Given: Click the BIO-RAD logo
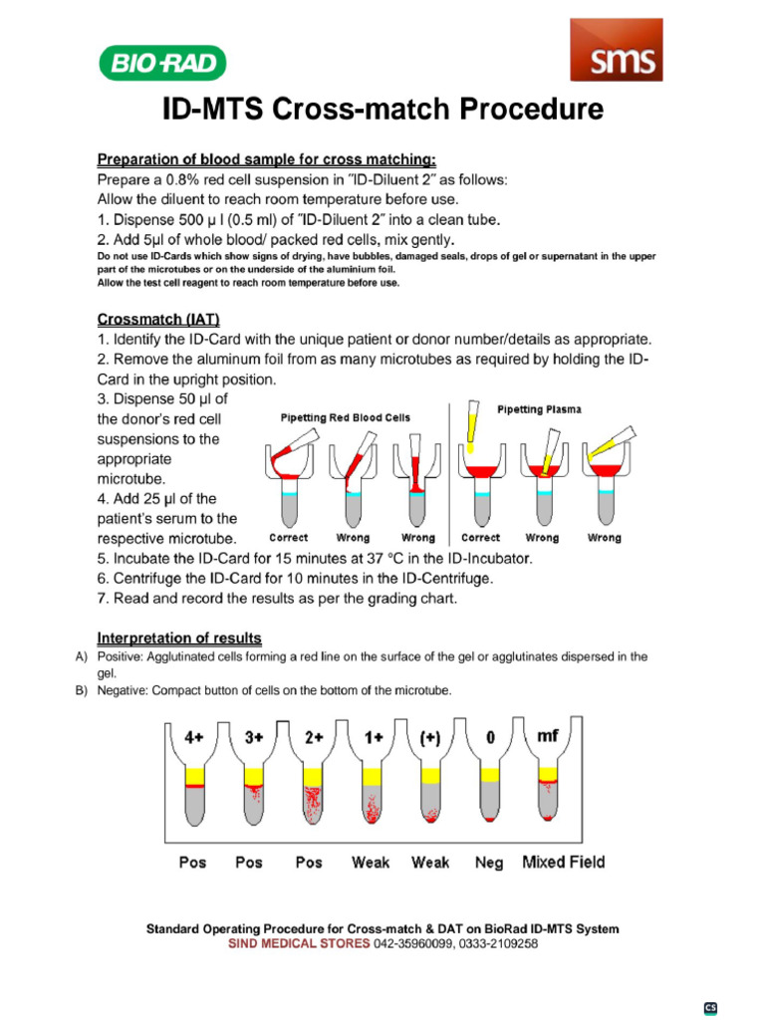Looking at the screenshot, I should (162, 65).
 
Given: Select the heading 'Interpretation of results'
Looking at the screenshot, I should (179, 637).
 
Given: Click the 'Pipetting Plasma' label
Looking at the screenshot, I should (539, 409).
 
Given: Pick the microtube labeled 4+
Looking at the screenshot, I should (193, 787).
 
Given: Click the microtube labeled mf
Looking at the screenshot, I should (547, 787).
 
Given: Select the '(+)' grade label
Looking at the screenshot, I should (430, 738).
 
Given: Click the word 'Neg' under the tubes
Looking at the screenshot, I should (489, 864).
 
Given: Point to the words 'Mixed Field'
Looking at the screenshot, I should (563, 863).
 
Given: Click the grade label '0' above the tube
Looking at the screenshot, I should (490, 738).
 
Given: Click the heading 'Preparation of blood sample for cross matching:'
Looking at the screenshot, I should (266, 159).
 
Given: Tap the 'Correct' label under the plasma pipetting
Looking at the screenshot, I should (481, 538).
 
